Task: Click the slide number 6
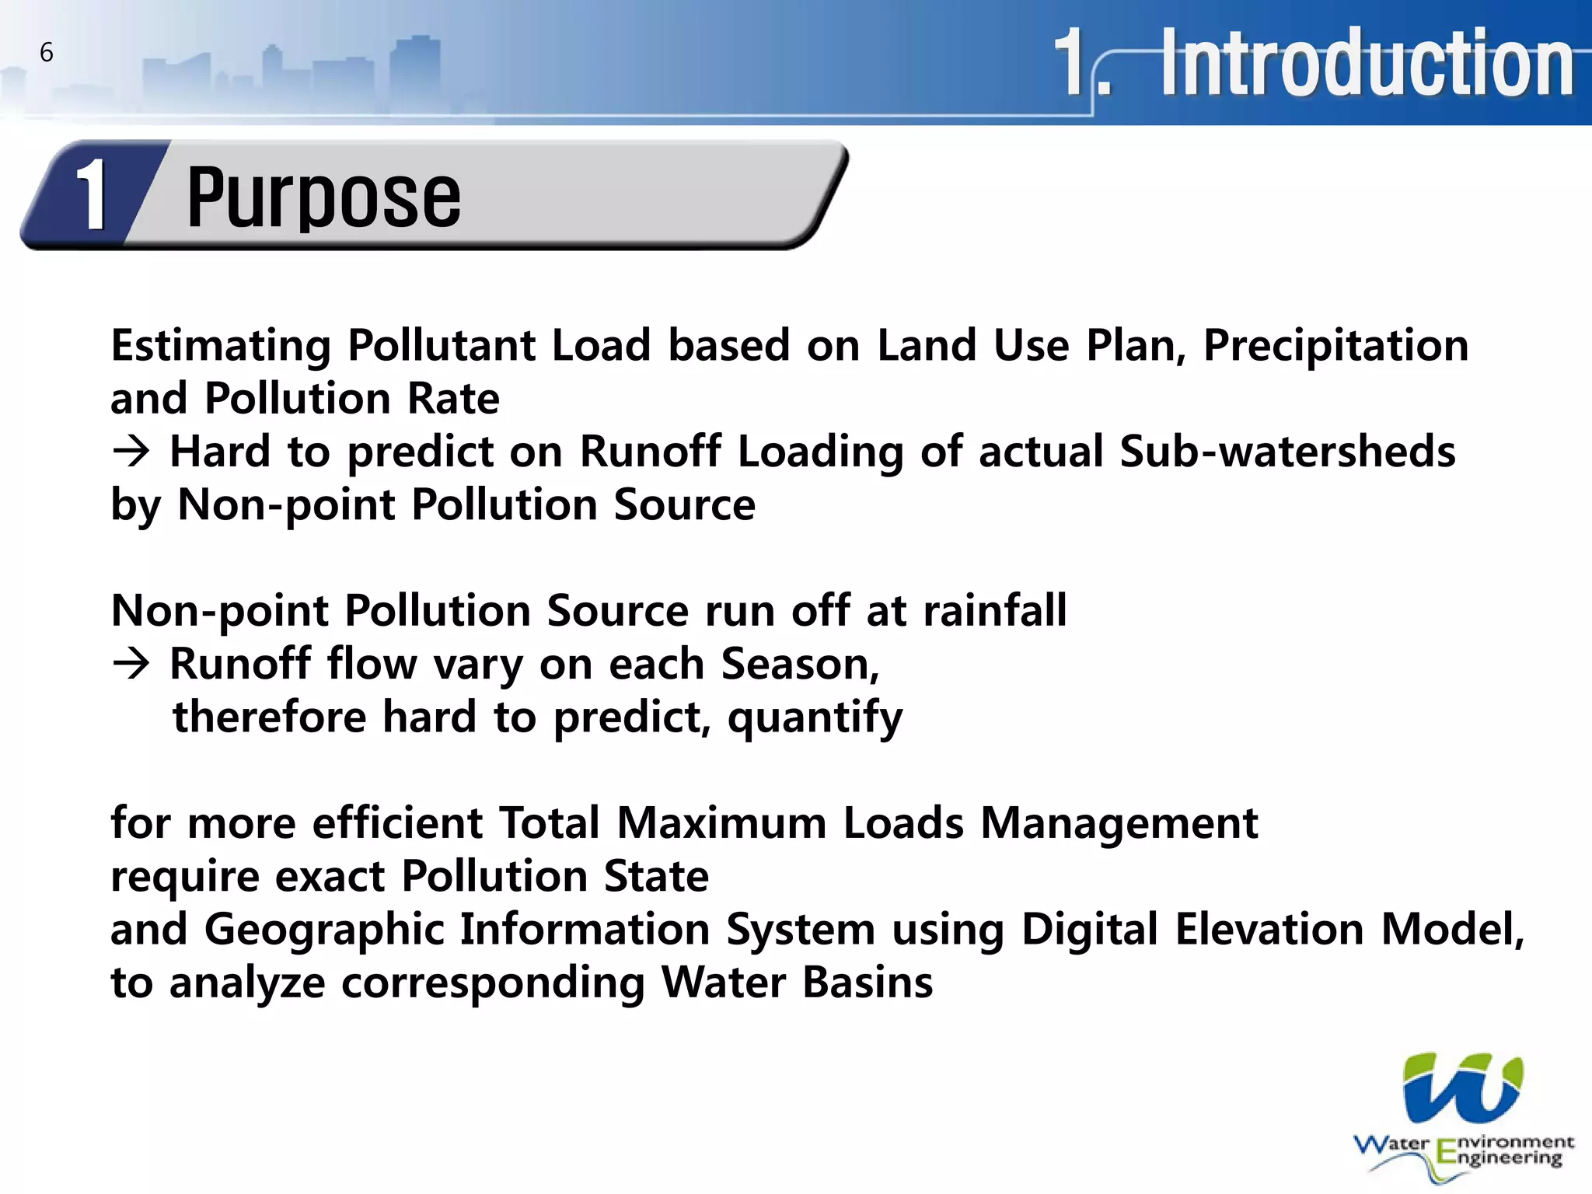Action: pos(47,52)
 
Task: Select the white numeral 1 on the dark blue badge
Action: pos(93,195)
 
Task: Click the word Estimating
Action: pos(221,346)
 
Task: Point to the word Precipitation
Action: pos(1335,346)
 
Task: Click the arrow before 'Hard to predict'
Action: pos(131,452)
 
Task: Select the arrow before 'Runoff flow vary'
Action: pos(131,664)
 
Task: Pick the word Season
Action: pos(799,664)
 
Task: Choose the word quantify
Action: pos(815,718)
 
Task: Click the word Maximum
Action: pos(721,823)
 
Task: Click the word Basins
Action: pos(867,983)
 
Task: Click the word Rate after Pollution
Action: pos(453,399)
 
